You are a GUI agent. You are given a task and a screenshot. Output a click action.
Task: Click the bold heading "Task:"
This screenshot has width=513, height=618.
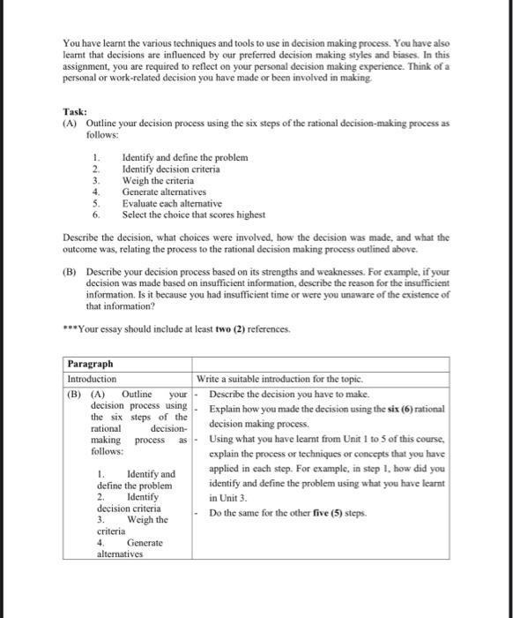75,112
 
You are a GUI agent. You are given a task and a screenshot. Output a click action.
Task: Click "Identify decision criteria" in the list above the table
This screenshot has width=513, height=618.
171,169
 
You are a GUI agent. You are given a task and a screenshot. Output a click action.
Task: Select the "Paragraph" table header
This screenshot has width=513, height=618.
92,364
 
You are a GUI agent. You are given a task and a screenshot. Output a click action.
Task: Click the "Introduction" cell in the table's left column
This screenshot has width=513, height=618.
92,379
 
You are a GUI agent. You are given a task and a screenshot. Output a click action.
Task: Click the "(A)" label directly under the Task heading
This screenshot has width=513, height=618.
70,124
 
